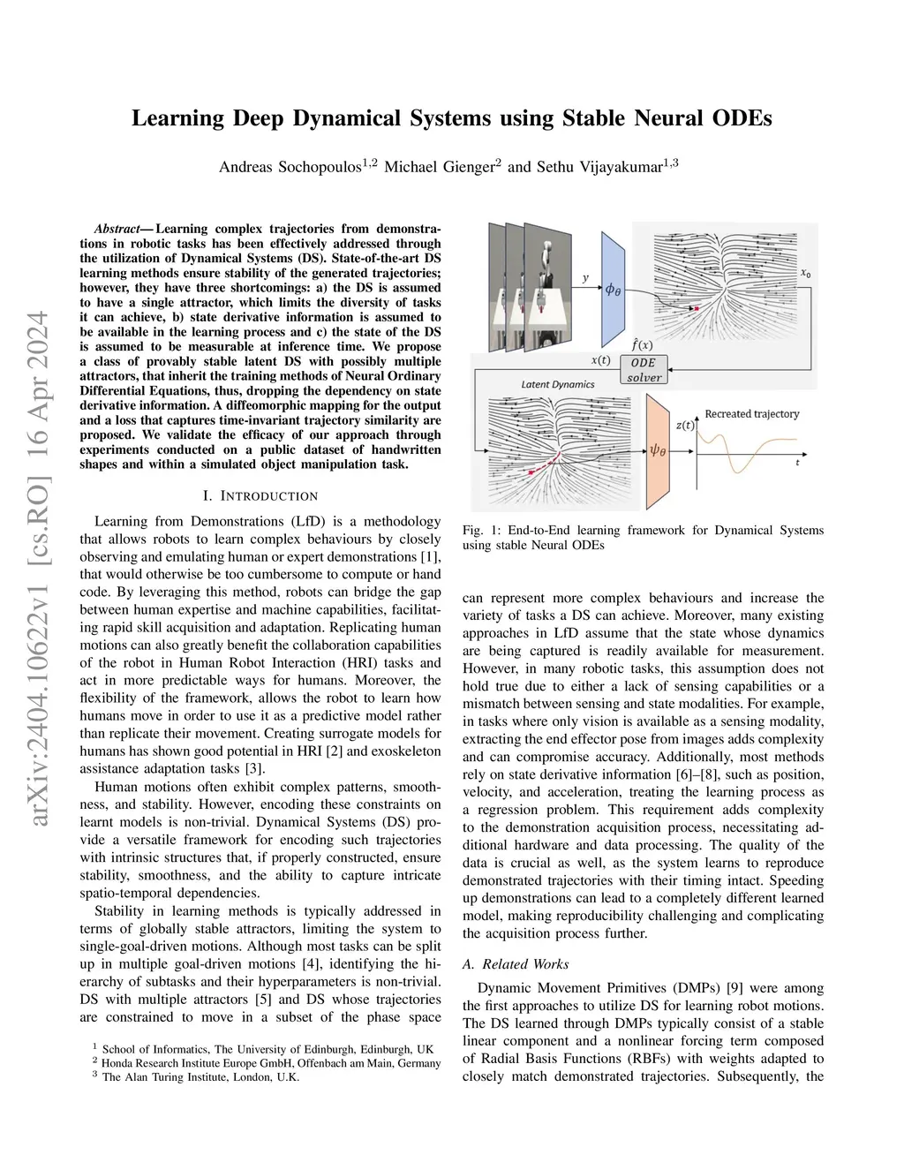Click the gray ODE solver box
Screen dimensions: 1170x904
pyautogui.click(x=644, y=370)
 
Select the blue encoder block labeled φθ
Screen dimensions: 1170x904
pyautogui.click(x=613, y=290)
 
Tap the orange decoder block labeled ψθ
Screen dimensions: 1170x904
pyautogui.click(x=658, y=450)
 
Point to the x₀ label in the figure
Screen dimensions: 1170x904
pyautogui.click(x=805, y=275)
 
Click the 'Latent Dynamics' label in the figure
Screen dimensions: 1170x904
pyautogui.click(x=558, y=384)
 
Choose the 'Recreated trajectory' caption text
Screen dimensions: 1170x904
pyautogui.click(x=751, y=413)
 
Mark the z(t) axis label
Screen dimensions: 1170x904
pyautogui.click(x=685, y=426)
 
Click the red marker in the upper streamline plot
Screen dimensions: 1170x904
pyautogui.click(x=697, y=308)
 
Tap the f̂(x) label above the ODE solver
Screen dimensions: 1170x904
pyautogui.click(x=643, y=344)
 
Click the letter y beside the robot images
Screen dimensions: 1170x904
pyautogui.click(x=585, y=278)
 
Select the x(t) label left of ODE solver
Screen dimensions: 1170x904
pyautogui.click(x=600, y=360)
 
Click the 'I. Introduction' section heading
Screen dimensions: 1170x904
pyautogui.click(x=260, y=496)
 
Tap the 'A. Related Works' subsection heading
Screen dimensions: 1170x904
pyautogui.click(x=516, y=964)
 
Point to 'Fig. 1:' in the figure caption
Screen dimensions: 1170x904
pyautogui.click(x=481, y=531)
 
